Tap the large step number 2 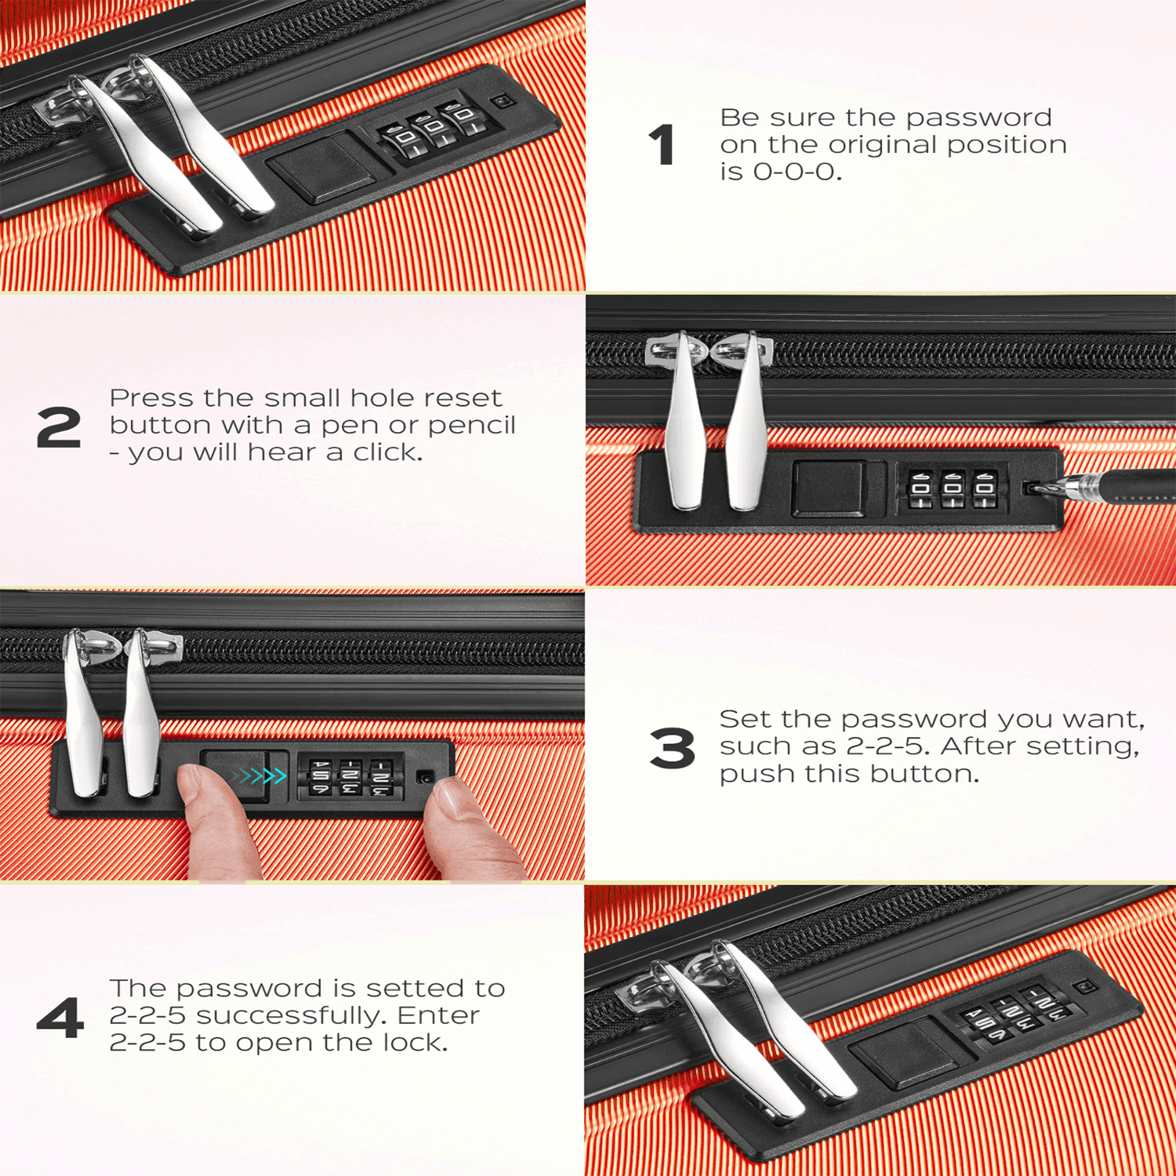point(59,427)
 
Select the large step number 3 point(672,748)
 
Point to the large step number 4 point(60,1018)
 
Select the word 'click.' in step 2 point(387,452)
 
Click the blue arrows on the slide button point(262,776)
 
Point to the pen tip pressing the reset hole point(1033,488)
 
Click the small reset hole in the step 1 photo point(501,102)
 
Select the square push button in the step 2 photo point(828,489)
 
